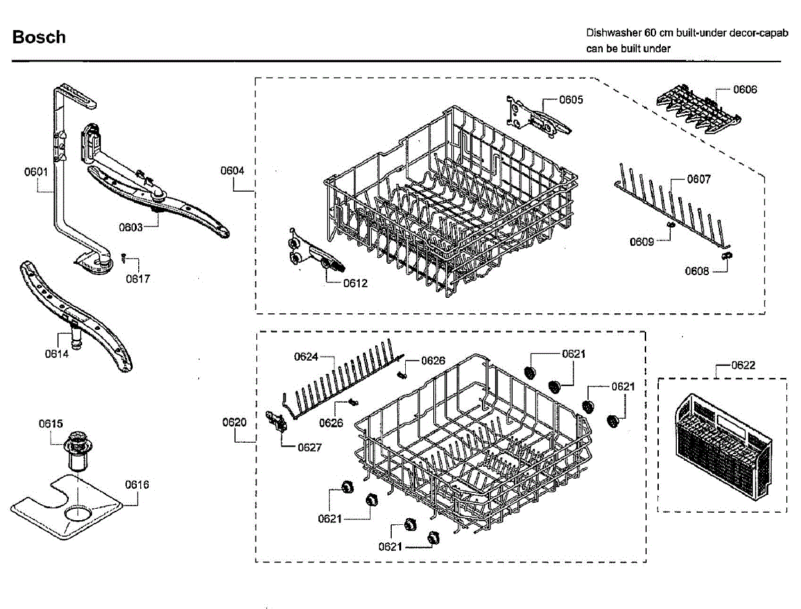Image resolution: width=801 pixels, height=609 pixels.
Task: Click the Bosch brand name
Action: click(x=39, y=37)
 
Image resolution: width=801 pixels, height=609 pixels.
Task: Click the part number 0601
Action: click(x=36, y=172)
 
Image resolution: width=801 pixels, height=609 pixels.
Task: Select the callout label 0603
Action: click(x=131, y=228)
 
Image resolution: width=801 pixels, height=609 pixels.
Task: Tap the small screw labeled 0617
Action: click(x=123, y=256)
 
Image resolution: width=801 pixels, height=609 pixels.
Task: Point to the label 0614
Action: click(x=57, y=354)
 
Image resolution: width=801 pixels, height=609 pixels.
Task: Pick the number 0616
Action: click(x=137, y=485)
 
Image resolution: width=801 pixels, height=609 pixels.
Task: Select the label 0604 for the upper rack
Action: click(x=233, y=171)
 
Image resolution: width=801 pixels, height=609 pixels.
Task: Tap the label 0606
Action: click(x=745, y=89)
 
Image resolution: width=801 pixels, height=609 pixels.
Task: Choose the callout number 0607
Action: click(x=699, y=179)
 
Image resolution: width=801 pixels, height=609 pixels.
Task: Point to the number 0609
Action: click(x=641, y=242)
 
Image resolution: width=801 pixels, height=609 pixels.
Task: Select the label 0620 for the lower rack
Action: click(x=234, y=422)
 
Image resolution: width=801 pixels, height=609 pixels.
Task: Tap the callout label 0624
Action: click(x=306, y=357)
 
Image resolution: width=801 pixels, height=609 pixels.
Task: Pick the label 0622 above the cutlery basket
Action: click(x=743, y=365)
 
